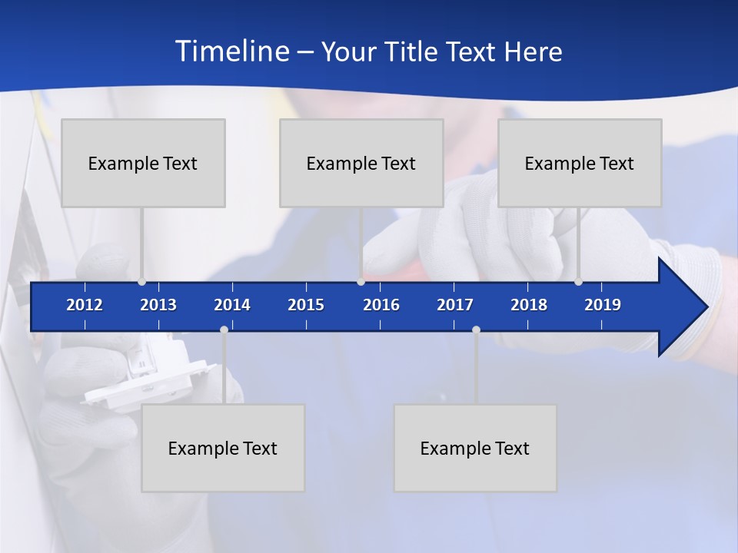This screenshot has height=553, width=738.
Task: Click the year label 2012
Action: click(x=85, y=305)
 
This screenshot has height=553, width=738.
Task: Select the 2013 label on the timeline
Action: click(x=158, y=305)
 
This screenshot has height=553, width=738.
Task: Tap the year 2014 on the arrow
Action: click(x=232, y=305)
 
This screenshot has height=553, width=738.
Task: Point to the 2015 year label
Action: click(x=306, y=305)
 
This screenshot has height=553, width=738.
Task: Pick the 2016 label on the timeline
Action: click(x=381, y=305)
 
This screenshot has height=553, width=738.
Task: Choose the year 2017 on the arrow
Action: click(x=455, y=305)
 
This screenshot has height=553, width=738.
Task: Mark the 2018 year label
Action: click(x=529, y=305)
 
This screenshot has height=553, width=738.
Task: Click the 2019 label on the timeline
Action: click(x=603, y=305)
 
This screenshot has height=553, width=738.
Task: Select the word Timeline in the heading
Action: click(x=231, y=51)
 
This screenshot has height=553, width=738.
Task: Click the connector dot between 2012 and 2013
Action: click(x=141, y=282)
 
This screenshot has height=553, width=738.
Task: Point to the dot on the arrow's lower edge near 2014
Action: click(x=224, y=329)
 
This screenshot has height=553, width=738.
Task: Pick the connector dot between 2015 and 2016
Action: click(x=361, y=282)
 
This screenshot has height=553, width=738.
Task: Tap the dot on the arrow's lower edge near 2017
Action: click(x=476, y=329)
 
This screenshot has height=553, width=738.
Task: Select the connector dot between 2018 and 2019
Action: click(x=578, y=282)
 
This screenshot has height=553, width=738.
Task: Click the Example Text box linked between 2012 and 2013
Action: click(x=143, y=163)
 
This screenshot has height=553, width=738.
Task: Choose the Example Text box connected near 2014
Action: click(x=223, y=448)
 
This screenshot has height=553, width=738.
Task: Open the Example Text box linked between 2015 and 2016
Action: click(x=361, y=163)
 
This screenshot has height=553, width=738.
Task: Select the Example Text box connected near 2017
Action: click(x=475, y=448)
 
